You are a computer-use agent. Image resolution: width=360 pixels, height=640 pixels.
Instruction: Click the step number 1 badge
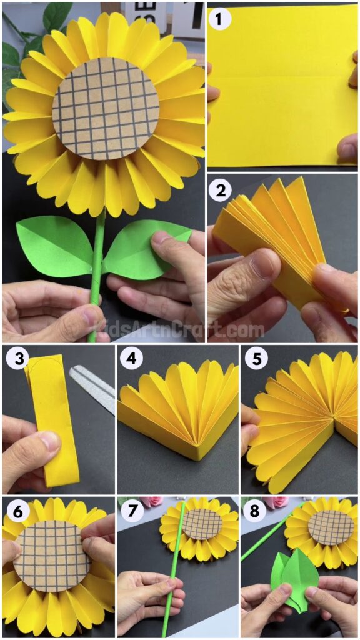click(x=220, y=19)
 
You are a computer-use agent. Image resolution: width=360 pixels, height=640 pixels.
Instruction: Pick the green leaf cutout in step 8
click(x=294, y=578)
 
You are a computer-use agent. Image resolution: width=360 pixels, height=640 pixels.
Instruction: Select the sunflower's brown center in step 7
click(x=202, y=524)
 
